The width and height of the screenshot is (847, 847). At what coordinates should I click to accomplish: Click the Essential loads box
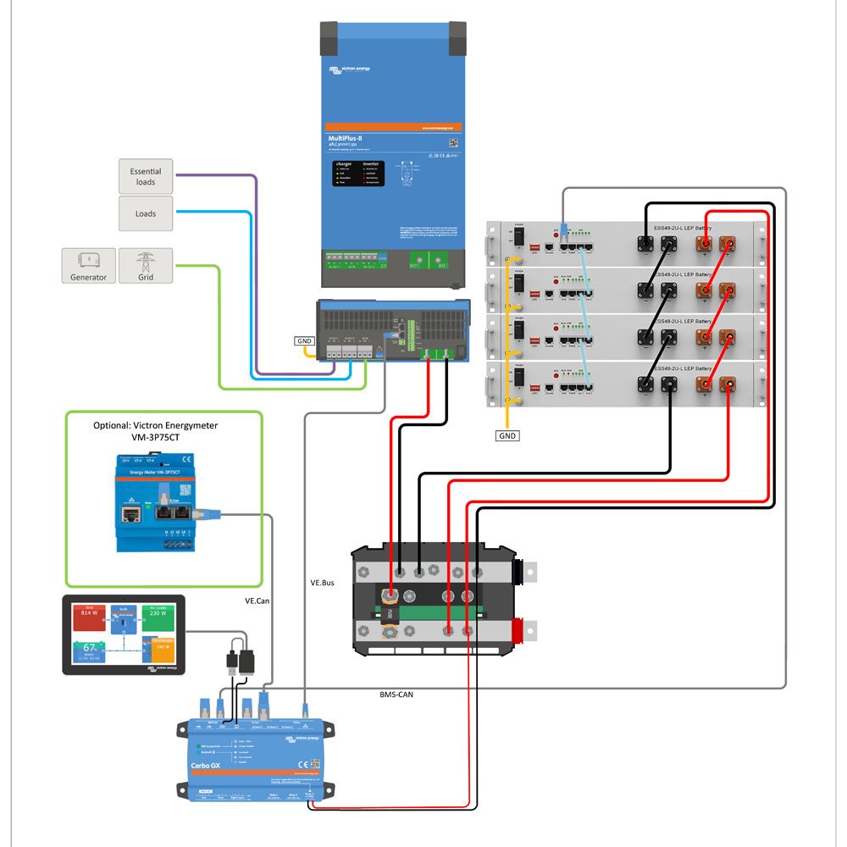146,176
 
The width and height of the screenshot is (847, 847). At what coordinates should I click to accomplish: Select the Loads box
146,213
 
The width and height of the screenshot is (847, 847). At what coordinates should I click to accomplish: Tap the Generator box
88,266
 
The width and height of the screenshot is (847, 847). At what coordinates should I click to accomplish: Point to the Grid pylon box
146,266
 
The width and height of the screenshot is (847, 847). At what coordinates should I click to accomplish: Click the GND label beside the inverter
305,341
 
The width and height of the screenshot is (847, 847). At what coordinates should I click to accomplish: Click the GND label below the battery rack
507,435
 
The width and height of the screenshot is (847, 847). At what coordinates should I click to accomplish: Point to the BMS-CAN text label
396,694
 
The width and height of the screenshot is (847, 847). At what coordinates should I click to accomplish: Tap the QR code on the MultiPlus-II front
452,143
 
